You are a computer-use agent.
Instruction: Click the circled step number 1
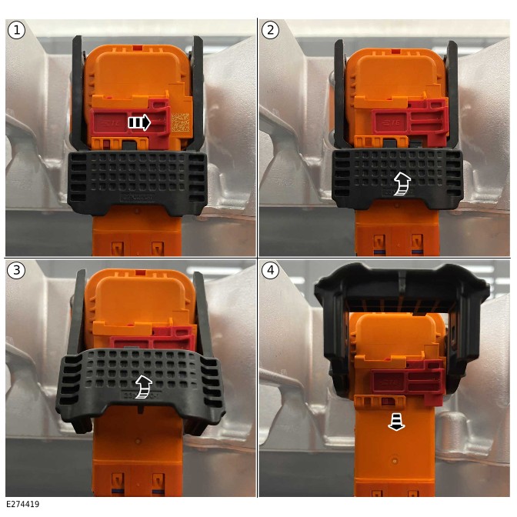click(x=16, y=30)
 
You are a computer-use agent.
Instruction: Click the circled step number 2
click(x=270, y=30)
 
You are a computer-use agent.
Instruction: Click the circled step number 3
click(x=16, y=270)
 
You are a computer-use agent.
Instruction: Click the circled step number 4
click(x=270, y=270)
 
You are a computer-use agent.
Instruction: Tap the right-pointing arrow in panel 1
click(x=139, y=122)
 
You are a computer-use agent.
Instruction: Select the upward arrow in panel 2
click(x=402, y=184)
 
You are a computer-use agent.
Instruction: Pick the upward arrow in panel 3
click(x=144, y=386)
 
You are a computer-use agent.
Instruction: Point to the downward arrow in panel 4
click(x=396, y=422)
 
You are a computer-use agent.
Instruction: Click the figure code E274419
click(x=23, y=504)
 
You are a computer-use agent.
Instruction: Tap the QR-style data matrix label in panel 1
click(x=181, y=122)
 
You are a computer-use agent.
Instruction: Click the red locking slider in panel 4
click(x=407, y=382)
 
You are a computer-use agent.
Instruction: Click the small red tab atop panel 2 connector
click(x=395, y=52)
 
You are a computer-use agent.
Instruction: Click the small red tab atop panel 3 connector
click(x=141, y=272)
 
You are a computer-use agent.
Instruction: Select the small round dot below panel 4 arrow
click(x=395, y=460)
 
